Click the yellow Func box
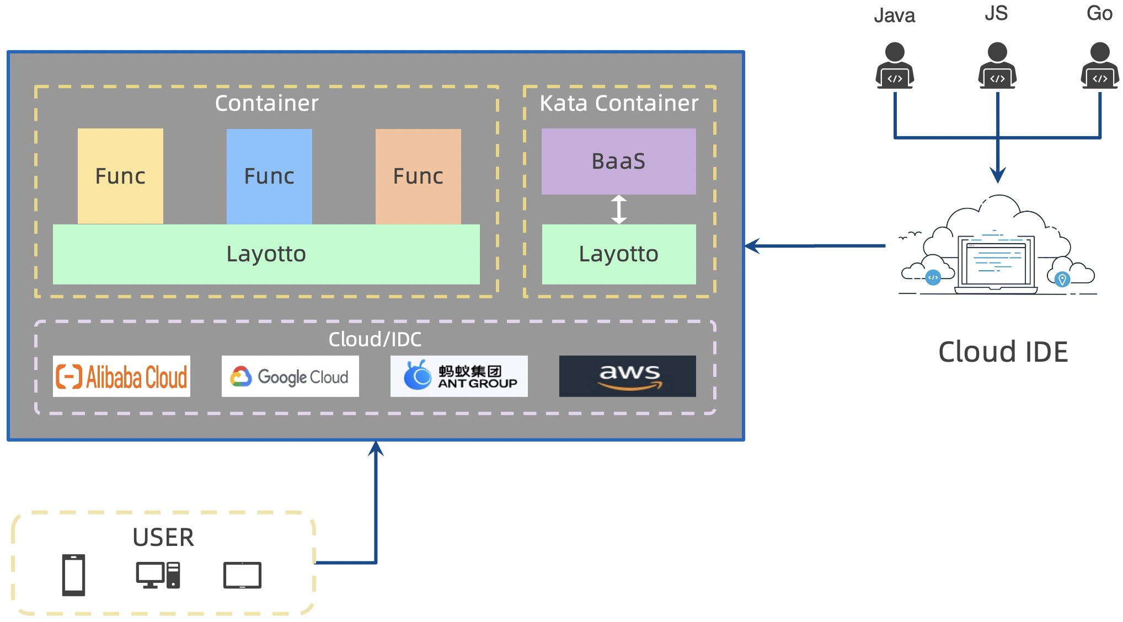[120, 176]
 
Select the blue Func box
[269, 176]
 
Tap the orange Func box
[418, 176]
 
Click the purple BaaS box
[618, 161]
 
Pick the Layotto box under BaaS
[618, 254]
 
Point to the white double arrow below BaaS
[619, 210]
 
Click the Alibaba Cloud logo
[121, 377]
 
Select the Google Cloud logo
[290, 377]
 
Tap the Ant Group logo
[459, 377]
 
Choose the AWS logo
[628, 377]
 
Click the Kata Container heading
[619, 103]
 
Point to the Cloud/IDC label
[375, 339]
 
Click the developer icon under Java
[895, 66]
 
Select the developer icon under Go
[1100, 66]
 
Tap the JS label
[996, 13]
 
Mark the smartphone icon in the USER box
[73, 575]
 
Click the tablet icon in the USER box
[242, 576]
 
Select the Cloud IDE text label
[1003, 352]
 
